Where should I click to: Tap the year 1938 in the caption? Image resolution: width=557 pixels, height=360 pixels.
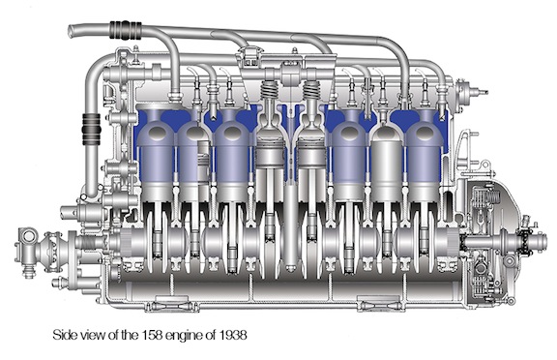tap(233, 335)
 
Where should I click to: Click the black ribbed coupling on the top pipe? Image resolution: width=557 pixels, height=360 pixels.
tap(126, 30)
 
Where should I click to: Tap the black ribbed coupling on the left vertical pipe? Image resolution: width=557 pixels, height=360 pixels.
tap(91, 129)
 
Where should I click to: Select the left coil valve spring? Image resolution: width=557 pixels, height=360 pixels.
tap(269, 90)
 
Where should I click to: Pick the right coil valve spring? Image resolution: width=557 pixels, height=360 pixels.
tap(311, 90)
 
